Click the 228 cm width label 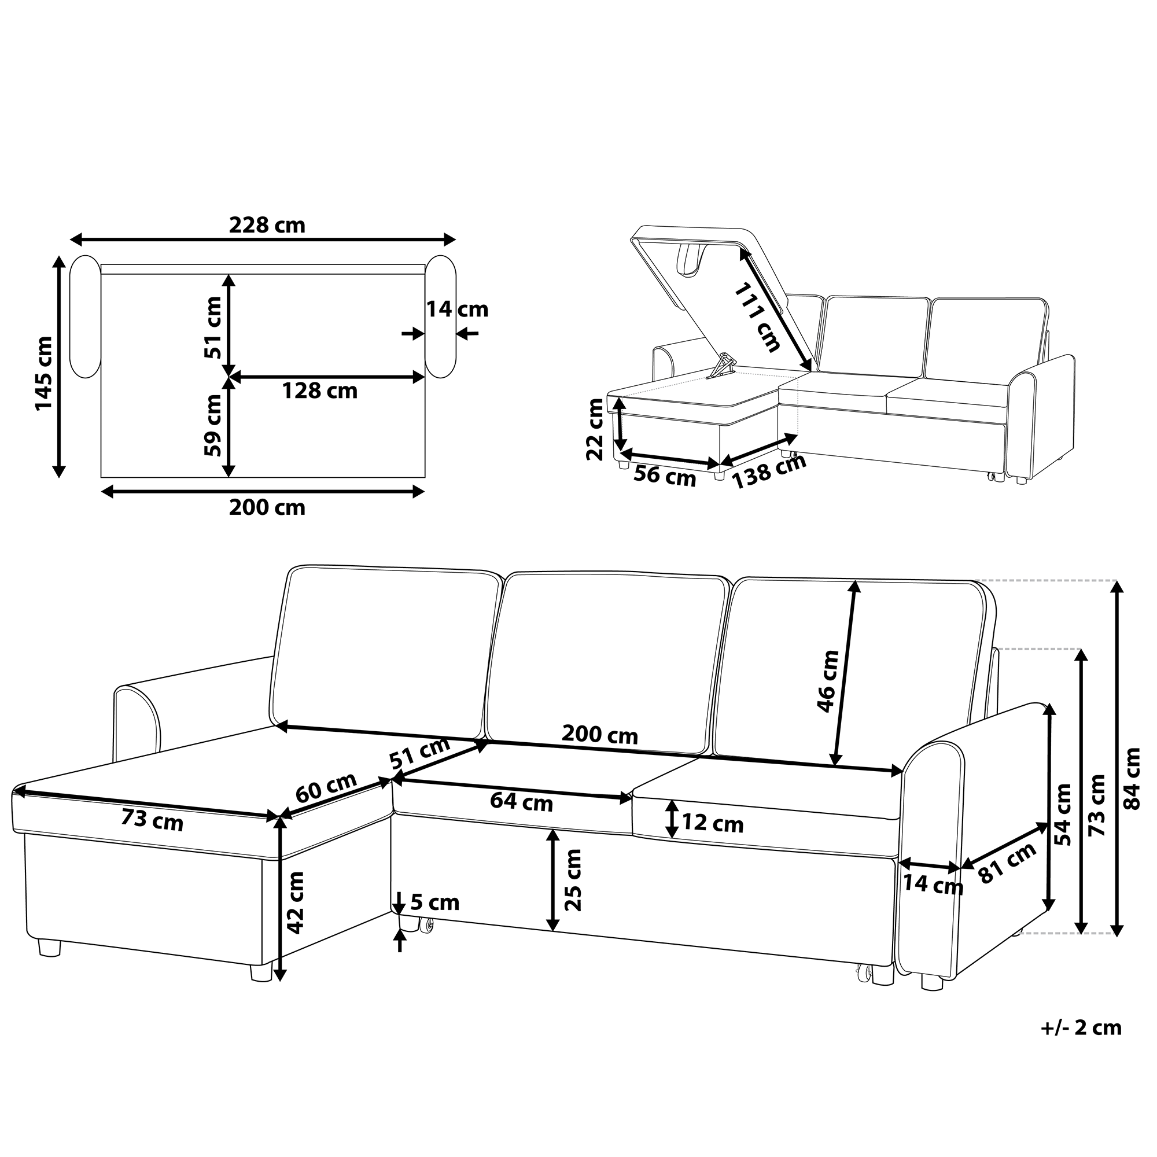point(267,225)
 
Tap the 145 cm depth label point(44,373)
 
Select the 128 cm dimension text point(320,391)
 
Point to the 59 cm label point(212,425)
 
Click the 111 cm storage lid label point(758,318)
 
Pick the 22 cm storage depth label point(595,429)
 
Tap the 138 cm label point(769,472)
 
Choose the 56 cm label point(665,477)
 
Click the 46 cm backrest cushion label point(828,681)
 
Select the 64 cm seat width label point(522,802)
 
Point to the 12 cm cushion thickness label point(713,823)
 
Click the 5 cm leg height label point(435,902)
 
